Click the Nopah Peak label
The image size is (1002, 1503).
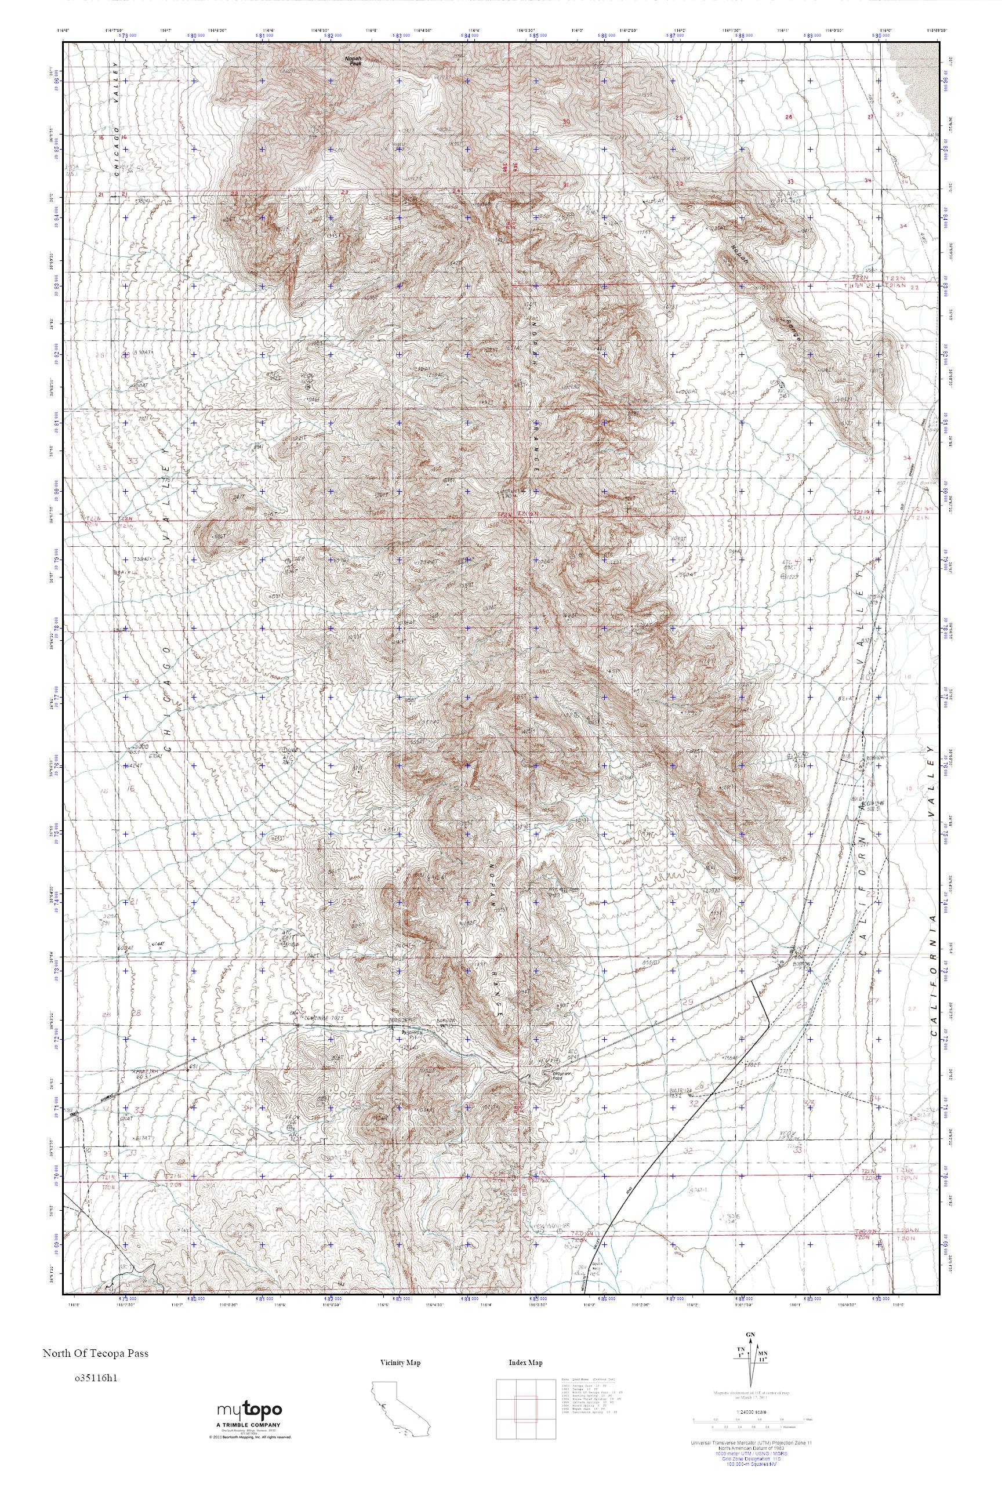[353, 61]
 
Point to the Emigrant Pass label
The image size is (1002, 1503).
[562, 1073]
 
